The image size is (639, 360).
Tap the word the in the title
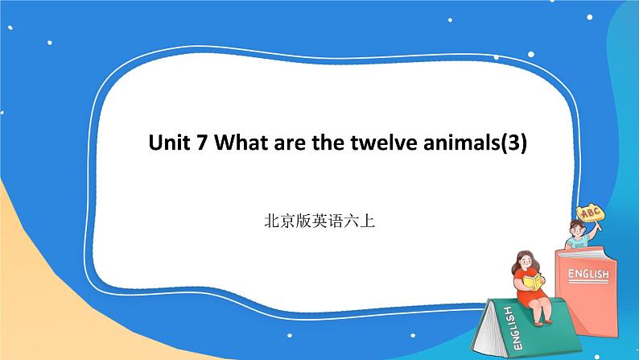pyautogui.click(x=332, y=143)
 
